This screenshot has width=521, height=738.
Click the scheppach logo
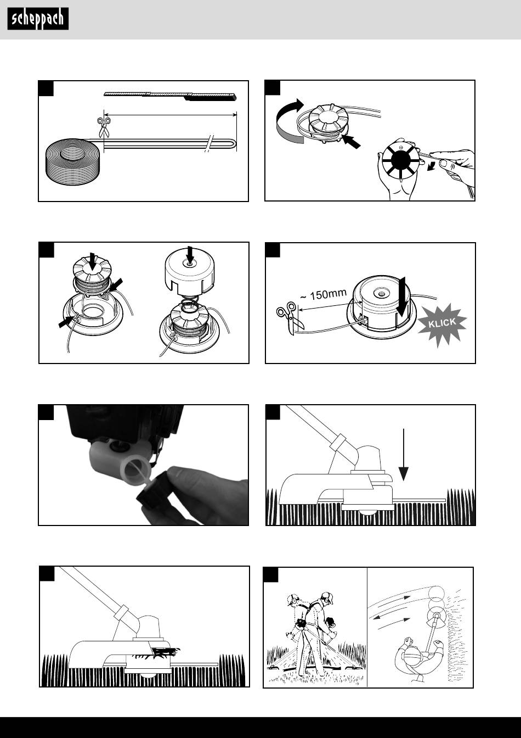(x=38, y=19)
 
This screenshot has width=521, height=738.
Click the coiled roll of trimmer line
(x=72, y=161)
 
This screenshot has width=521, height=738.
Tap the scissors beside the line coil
(x=104, y=127)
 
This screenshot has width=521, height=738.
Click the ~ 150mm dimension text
(x=324, y=294)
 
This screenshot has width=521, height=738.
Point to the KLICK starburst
(x=443, y=324)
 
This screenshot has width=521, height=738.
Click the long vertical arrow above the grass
(x=404, y=455)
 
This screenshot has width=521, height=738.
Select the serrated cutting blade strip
(x=170, y=96)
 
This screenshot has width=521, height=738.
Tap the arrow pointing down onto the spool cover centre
(x=190, y=255)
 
